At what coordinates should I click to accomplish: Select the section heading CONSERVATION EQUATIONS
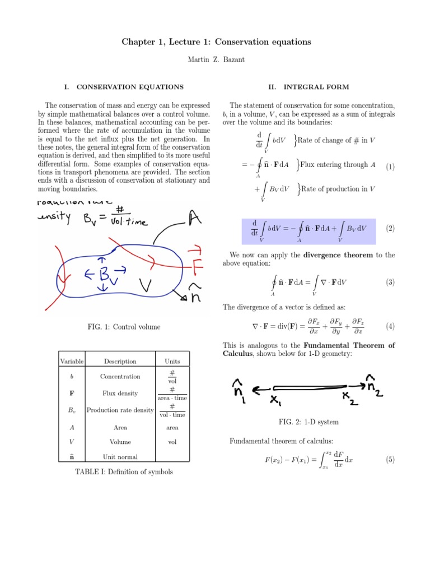click(130, 87)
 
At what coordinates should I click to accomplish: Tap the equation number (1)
click(390, 166)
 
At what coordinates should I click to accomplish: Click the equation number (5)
click(390, 460)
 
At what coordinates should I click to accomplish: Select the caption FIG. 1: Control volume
click(124, 327)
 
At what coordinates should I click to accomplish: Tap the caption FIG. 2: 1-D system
click(309, 422)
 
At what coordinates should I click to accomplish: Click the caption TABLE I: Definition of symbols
click(124, 472)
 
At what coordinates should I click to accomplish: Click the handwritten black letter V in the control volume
click(147, 286)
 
